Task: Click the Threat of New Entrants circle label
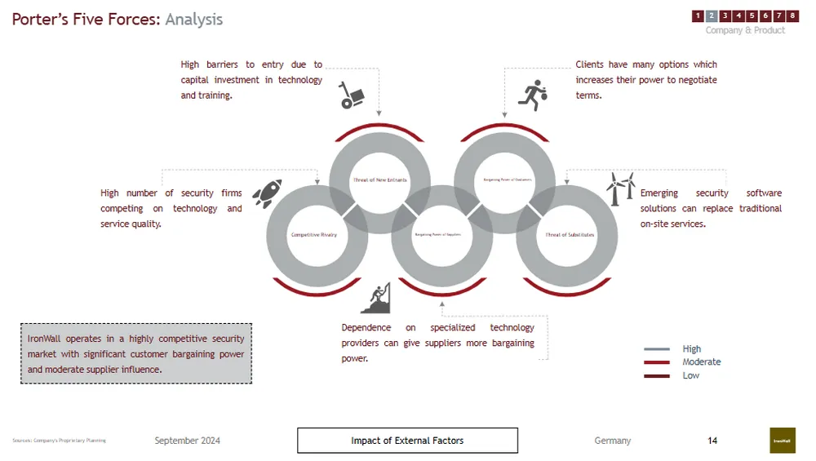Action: (x=379, y=180)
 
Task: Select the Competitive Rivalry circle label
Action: (x=314, y=235)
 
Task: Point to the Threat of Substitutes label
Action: (x=570, y=235)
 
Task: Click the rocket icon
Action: (x=267, y=193)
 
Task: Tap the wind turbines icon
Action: (x=620, y=188)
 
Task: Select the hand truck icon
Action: (x=351, y=95)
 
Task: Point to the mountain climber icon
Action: (x=375, y=299)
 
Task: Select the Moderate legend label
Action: (x=702, y=362)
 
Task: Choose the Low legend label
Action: (x=691, y=375)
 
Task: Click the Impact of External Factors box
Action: (x=407, y=441)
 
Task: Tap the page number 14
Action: (x=712, y=441)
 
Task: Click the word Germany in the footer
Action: (x=612, y=441)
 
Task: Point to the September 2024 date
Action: (x=187, y=441)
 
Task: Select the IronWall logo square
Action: (x=782, y=441)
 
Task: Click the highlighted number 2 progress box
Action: (x=712, y=16)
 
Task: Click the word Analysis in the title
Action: (x=193, y=20)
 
